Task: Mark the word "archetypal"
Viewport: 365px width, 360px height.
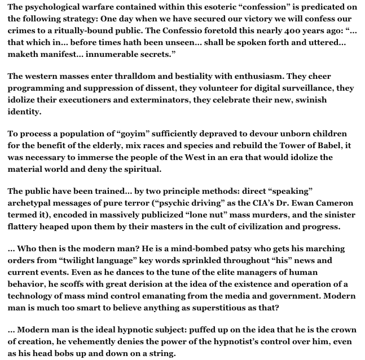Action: point(32,203)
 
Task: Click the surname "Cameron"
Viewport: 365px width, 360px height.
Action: point(335,203)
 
